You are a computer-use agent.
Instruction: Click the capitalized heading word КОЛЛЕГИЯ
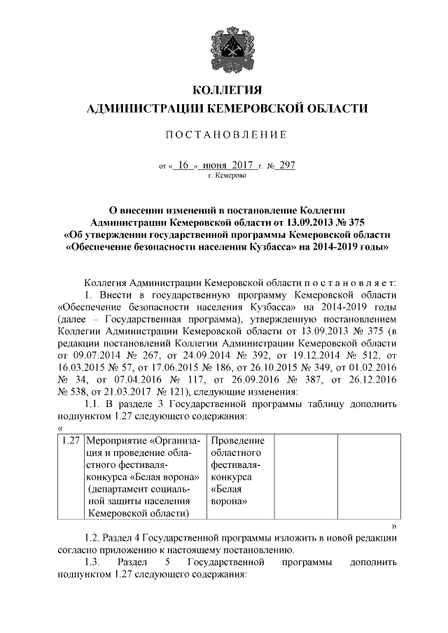(x=225, y=90)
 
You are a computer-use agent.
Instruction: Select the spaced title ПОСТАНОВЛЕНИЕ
(x=225, y=134)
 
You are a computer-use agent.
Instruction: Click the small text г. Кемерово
(x=225, y=177)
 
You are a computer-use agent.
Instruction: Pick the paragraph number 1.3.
(x=92, y=562)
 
